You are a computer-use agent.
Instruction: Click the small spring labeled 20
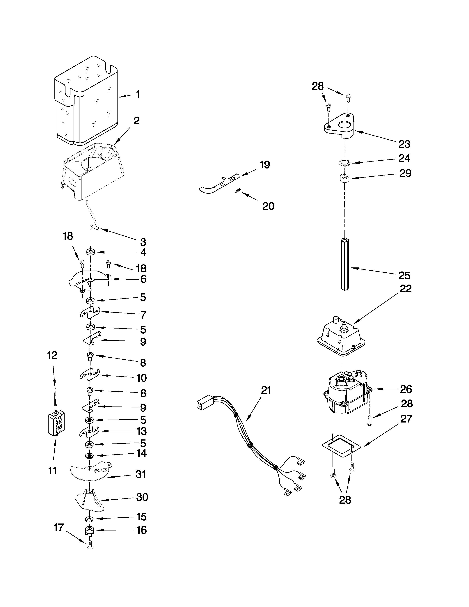238,190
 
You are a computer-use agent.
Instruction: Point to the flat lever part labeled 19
219,184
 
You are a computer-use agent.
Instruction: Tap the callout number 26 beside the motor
406,389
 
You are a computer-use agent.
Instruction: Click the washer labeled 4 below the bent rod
90,252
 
